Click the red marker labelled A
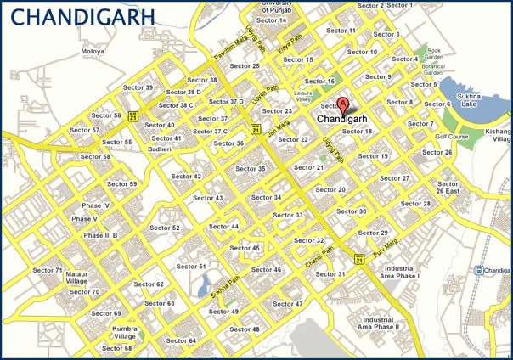point(343,105)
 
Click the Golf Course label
point(452,137)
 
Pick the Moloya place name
point(93,51)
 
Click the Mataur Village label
point(76,278)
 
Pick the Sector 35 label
point(250,169)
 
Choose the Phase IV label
point(95,205)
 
